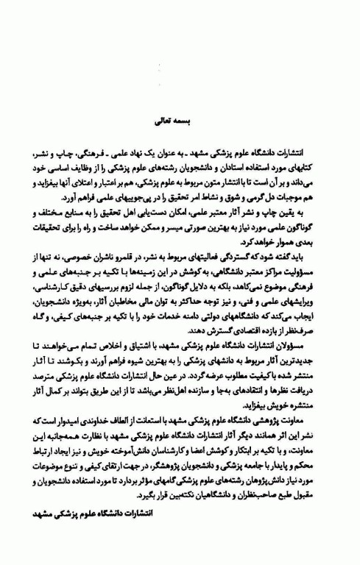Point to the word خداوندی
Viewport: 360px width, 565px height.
117,418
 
